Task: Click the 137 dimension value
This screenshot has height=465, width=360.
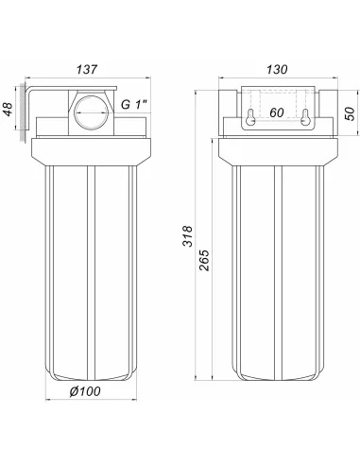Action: (x=87, y=70)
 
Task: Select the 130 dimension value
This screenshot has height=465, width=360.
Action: (x=277, y=70)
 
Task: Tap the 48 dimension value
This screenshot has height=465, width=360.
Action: (x=8, y=109)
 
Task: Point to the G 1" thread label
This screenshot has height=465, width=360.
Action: (x=134, y=104)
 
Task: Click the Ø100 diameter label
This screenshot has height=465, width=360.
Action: (x=85, y=391)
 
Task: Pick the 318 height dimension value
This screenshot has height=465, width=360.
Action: (x=187, y=236)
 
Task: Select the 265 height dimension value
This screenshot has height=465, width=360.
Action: (x=204, y=260)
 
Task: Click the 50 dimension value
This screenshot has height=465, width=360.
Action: (x=350, y=113)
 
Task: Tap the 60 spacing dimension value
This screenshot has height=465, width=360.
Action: (x=277, y=112)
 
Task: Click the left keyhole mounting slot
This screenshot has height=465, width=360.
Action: (x=250, y=117)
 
